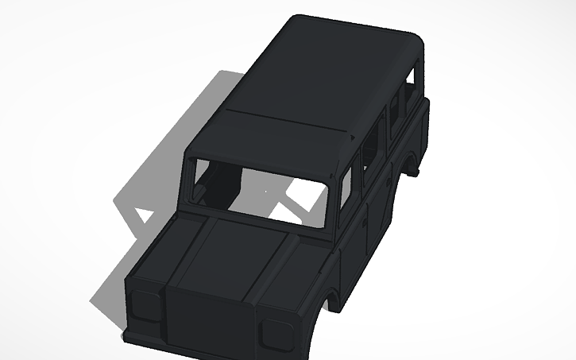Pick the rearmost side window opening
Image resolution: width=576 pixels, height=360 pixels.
[x=410, y=83]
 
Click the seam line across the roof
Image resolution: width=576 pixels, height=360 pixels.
[x=286, y=120]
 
